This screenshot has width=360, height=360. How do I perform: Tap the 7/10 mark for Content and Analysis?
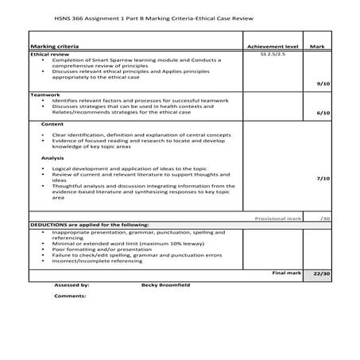322,179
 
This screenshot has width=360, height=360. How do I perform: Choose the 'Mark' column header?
318,47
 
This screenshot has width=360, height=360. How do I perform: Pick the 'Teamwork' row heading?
45,95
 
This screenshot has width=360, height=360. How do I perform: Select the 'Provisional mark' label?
276,218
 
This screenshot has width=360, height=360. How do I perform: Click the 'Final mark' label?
286,273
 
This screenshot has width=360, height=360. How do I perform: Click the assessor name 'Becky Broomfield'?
166,284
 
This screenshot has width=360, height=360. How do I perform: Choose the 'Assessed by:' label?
72,284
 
